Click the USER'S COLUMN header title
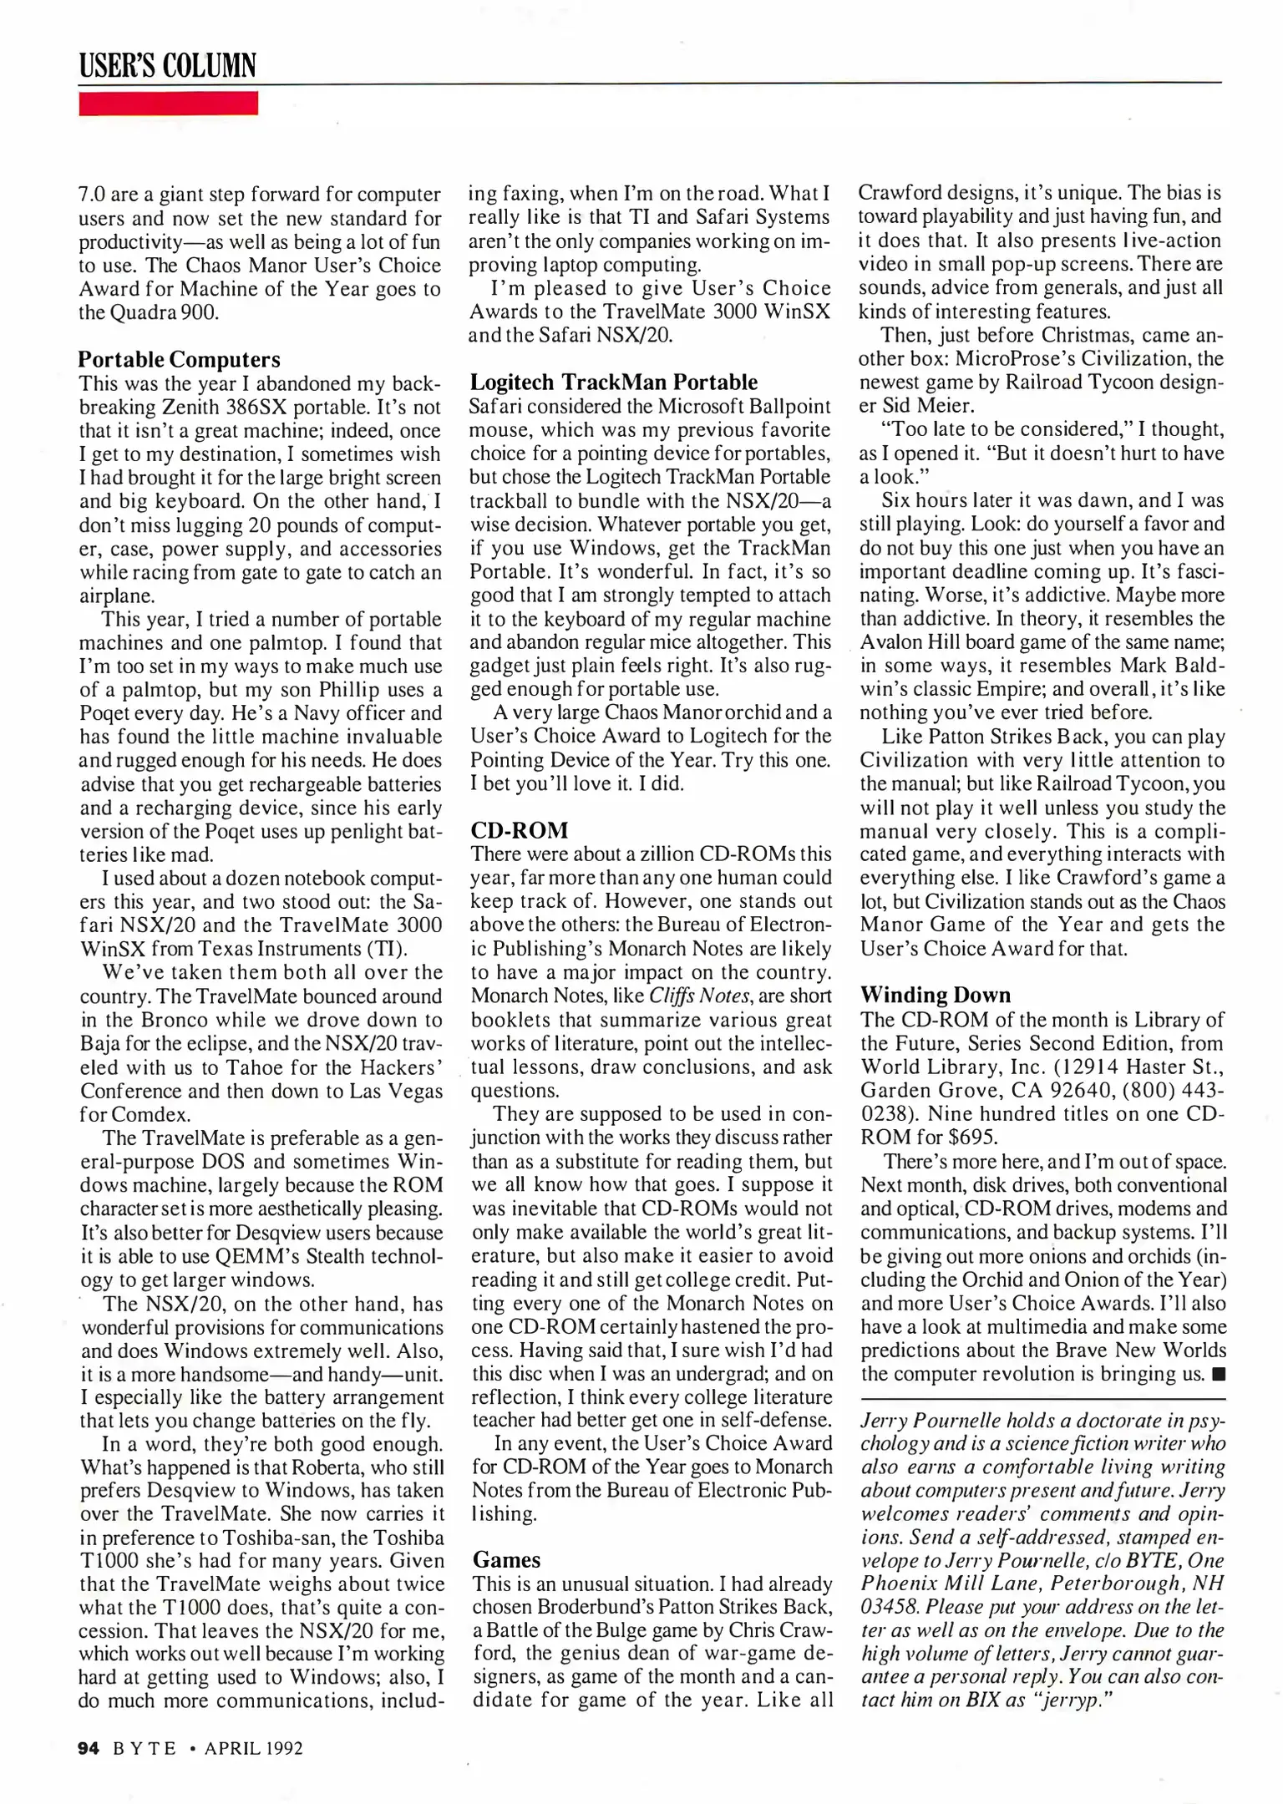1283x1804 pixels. click(167, 65)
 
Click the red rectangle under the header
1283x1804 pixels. click(168, 104)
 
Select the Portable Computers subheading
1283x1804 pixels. click(179, 359)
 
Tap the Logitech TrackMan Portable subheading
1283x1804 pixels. click(613, 382)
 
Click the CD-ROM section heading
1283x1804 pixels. click(519, 830)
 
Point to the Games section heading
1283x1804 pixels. click(506, 1560)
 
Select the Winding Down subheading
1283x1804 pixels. click(935, 995)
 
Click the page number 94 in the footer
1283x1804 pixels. click(89, 1748)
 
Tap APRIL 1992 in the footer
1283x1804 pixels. click(253, 1748)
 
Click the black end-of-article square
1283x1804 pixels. click(1218, 1375)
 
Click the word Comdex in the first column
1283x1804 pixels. click(150, 1115)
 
